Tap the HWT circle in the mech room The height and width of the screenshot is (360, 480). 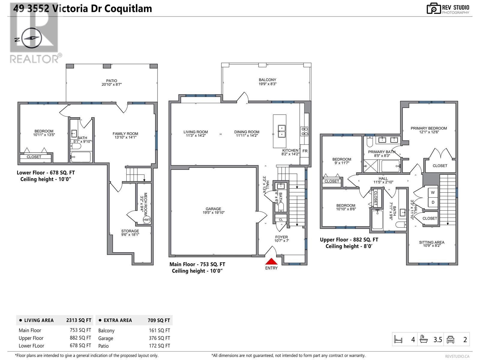pos(147,220)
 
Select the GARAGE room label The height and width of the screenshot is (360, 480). pos(213,211)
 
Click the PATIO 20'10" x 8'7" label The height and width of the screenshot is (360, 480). pos(112,82)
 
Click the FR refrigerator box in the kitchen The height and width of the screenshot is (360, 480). pos(305,151)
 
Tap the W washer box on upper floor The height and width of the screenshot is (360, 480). pos(433,193)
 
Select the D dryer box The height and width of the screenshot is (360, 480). pos(433,202)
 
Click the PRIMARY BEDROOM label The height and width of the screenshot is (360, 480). pos(429,130)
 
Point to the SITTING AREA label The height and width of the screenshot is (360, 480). pos(432,244)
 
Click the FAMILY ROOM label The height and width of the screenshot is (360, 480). pos(125,135)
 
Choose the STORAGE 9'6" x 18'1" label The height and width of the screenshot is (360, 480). pos(130,233)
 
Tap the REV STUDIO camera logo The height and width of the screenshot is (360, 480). pos(433,8)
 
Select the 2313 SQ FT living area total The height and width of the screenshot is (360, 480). pos(79,320)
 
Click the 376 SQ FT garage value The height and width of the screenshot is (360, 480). pos(159,338)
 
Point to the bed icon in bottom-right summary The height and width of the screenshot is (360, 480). pos(398,340)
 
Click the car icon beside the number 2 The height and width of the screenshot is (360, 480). pos(450,340)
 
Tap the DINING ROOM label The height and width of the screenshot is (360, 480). pos(247,133)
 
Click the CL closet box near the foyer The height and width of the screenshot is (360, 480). pos(281,220)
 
